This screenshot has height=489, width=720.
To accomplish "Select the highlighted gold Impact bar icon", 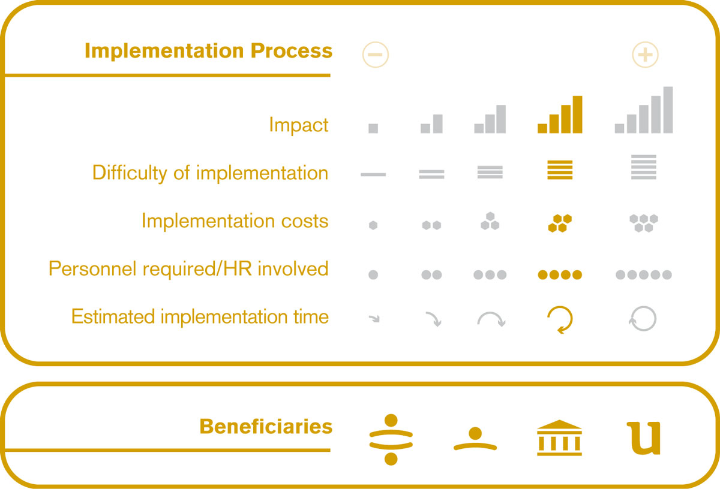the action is (560, 114).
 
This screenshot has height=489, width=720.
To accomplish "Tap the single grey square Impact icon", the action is (373, 128).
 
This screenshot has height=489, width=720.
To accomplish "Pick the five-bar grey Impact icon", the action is (644, 110).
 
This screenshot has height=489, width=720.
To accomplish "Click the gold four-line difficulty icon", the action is (560, 170).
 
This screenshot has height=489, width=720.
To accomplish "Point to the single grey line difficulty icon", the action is (373, 174).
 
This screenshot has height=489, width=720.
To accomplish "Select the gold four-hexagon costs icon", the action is (560, 223).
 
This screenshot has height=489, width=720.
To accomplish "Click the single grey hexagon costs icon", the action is (373, 225).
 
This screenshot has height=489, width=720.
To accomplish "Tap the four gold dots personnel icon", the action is (560, 275).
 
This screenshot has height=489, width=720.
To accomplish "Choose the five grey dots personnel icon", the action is (644, 275).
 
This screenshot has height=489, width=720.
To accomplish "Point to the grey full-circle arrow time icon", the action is (656, 318).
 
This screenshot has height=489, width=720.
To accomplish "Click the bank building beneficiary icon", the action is (559, 437).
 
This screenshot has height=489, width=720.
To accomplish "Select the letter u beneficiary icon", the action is (644, 438).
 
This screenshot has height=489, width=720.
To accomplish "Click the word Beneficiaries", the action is (266, 427).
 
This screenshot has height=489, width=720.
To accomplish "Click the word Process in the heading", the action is (291, 51).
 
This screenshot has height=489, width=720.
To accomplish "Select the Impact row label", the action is (299, 125).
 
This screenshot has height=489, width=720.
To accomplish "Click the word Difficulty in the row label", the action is (130, 173).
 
